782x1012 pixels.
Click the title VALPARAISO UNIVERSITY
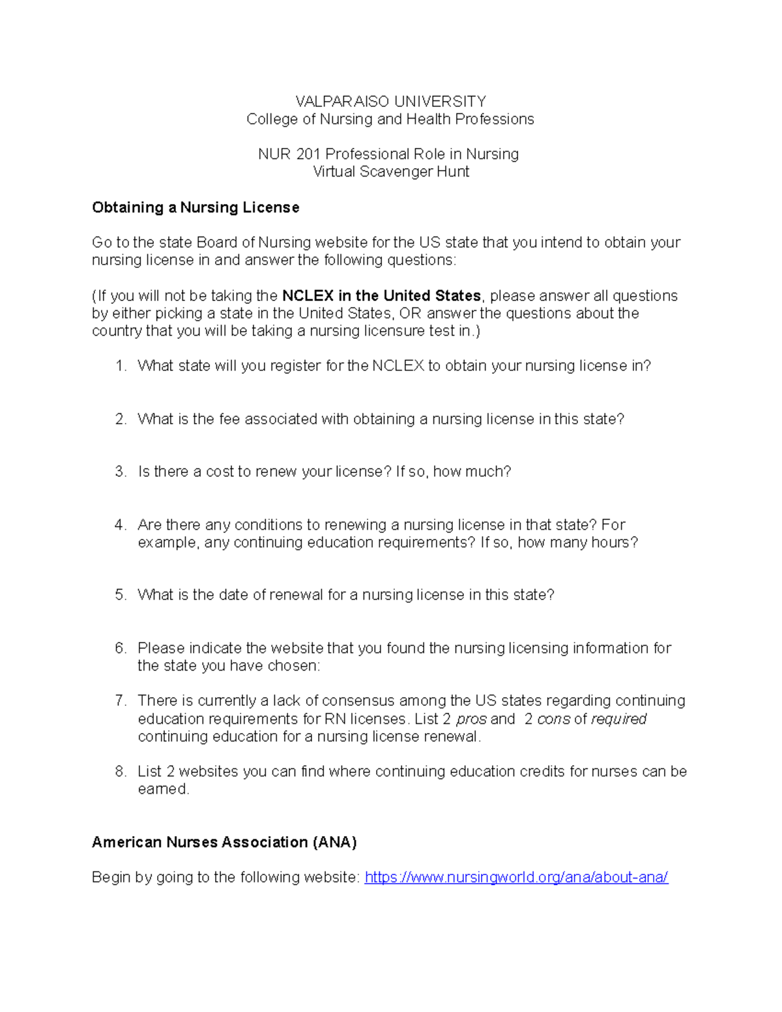(x=390, y=101)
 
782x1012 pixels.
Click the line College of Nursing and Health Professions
(x=390, y=119)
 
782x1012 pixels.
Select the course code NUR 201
(x=289, y=154)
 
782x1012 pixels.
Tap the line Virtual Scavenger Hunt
(x=390, y=172)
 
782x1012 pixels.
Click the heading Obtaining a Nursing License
(x=195, y=208)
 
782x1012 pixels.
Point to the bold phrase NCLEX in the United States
(x=381, y=296)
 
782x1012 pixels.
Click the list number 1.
(x=120, y=366)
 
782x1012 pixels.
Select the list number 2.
(x=120, y=419)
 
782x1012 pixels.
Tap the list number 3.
(x=120, y=472)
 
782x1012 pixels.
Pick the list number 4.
(x=120, y=525)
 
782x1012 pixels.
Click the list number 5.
(x=120, y=595)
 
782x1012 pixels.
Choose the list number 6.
(x=120, y=648)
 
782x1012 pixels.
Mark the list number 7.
(x=120, y=701)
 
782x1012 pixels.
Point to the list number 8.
(x=120, y=772)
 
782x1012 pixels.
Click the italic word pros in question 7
(x=471, y=719)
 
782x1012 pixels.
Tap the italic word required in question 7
(x=618, y=719)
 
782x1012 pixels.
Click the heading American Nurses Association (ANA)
(x=224, y=843)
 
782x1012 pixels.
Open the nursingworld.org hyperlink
(x=516, y=878)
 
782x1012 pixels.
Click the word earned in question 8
(x=163, y=789)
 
